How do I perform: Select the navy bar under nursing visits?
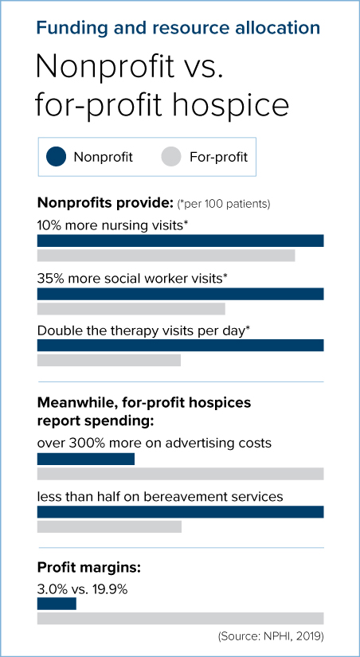pyautogui.click(x=180, y=241)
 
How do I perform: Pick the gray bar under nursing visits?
pyautogui.click(x=166, y=256)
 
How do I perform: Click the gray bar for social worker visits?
pyautogui.click(x=131, y=308)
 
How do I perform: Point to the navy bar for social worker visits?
pyautogui.click(x=180, y=293)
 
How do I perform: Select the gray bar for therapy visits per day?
pyautogui.click(x=109, y=360)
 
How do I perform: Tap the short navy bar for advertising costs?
pyautogui.click(x=86, y=459)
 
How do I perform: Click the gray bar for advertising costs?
pyautogui.click(x=180, y=474)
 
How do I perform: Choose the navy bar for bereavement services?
pyautogui.click(x=180, y=511)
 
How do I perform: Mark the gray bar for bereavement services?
pyautogui.click(x=109, y=526)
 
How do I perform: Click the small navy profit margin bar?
pyautogui.click(x=57, y=604)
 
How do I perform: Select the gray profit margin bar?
pyautogui.click(x=180, y=619)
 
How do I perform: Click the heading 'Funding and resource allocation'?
pyautogui.click(x=178, y=29)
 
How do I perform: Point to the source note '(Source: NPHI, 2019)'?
pyautogui.click(x=271, y=636)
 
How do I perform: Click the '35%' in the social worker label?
pyautogui.click(x=50, y=279)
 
